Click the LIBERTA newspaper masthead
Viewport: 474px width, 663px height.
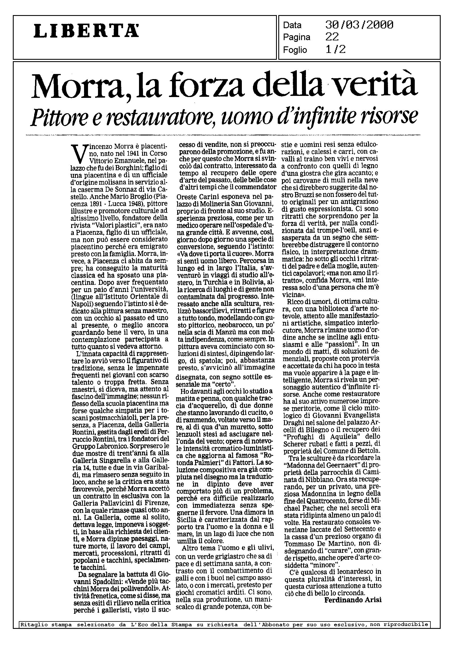(x=86, y=31)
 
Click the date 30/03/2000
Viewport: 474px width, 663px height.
(x=359, y=25)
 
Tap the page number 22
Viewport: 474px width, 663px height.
(x=332, y=37)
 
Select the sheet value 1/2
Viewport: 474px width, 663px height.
(x=335, y=50)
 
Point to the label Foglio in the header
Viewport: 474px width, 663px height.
(x=295, y=50)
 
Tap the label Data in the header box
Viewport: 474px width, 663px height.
(x=293, y=25)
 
